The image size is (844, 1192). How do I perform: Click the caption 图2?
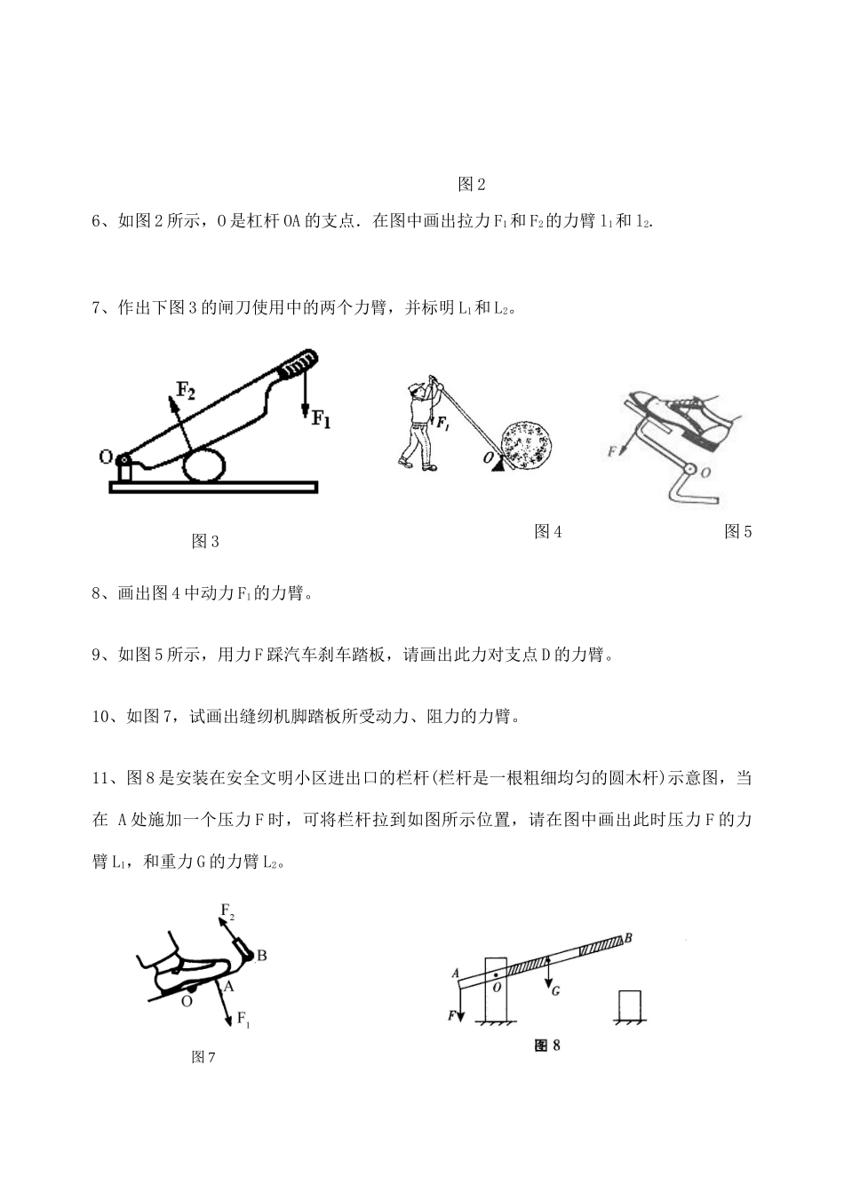click(472, 185)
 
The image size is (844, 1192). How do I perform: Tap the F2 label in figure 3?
click(185, 388)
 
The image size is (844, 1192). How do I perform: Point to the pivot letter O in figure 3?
click(105, 457)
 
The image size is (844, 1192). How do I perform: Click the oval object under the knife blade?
click(204, 465)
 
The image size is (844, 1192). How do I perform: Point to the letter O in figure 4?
click(490, 457)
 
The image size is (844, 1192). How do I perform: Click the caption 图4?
click(547, 531)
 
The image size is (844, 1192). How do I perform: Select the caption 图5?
click(738, 531)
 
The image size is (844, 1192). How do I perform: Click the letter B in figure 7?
click(262, 956)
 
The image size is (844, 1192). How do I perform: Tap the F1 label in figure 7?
click(243, 1020)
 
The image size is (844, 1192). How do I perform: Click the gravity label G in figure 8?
click(554, 991)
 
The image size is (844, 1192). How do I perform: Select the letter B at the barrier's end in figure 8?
click(629, 937)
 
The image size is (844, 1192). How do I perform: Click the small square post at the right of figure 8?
click(630, 1005)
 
